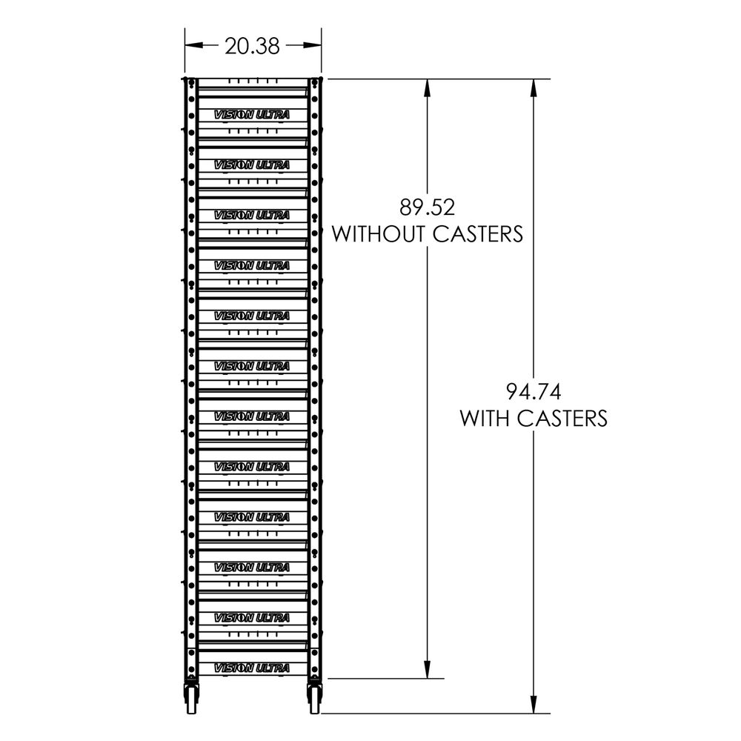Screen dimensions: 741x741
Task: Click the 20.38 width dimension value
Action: [x=253, y=46]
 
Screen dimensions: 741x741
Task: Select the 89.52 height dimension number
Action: [x=428, y=205]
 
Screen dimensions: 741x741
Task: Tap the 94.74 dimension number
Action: [x=534, y=391]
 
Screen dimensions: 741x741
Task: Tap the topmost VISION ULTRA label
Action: [x=251, y=114]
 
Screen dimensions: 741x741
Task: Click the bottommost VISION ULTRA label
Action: [x=251, y=668]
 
